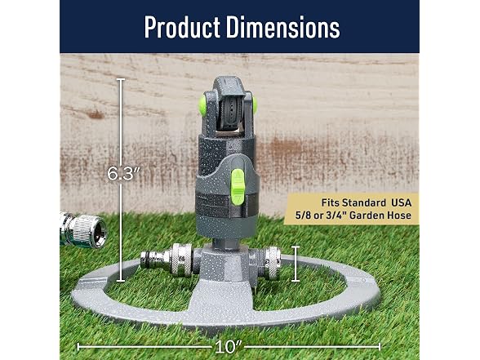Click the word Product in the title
point(182,27)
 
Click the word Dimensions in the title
point(282,27)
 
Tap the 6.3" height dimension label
point(124,174)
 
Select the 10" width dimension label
point(229,346)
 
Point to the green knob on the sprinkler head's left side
point(202,105)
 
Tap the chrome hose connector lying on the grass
point(83,229)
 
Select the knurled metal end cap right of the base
point(273,263)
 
